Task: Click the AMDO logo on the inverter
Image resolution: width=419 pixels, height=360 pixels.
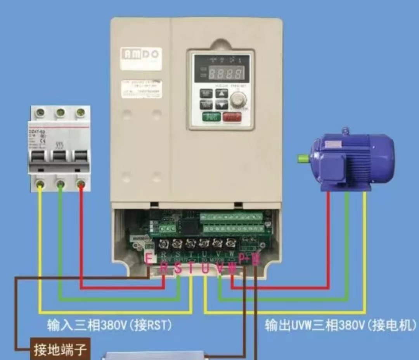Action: pos(141,54)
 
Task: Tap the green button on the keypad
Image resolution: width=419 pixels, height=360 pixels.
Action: pos(211,117)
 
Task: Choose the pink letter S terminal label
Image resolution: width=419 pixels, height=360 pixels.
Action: pos(178,268)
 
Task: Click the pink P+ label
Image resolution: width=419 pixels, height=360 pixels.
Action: pos(244,259)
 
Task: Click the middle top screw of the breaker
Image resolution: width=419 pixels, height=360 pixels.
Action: pos(60,113)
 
